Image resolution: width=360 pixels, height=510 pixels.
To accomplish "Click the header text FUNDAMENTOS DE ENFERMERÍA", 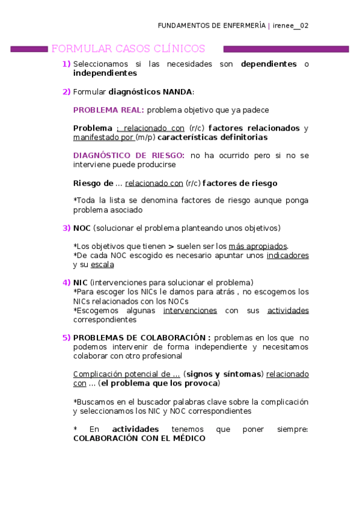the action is coord(212,26).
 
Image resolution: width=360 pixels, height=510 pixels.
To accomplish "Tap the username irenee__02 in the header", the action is coord(290,26).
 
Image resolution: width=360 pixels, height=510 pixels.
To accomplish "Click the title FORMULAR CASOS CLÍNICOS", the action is coord(129,49).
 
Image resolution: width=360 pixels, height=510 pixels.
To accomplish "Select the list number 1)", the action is coord(66,64).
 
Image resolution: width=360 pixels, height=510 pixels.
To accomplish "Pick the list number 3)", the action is coord(66,228).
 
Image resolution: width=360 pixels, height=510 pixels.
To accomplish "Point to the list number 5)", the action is coord(66,337).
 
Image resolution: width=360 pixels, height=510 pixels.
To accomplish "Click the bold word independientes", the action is coord(105,73).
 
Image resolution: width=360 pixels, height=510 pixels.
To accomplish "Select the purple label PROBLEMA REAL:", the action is coord(108,110).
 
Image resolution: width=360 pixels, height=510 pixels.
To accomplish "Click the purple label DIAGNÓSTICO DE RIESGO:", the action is coord(129,155).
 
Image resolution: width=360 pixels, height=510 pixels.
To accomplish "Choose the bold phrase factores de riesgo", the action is coord(240,183).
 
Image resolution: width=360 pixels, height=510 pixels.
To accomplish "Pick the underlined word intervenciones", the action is coord(190,310).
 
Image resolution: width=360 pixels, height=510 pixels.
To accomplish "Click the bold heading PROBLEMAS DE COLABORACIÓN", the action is coord(142,337).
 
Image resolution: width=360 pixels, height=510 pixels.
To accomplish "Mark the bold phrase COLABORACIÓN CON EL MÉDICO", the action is coord(139,438).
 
